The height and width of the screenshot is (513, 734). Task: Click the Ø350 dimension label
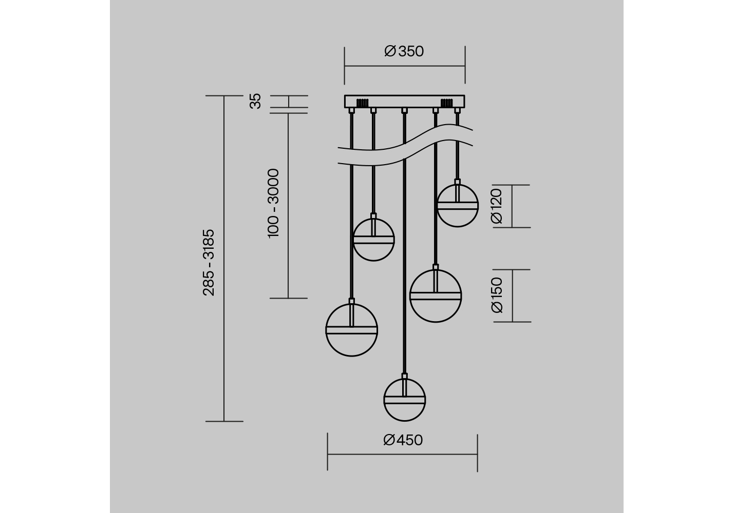pyautogui.click(x=404, y=51)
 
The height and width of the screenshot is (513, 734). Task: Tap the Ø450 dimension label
pyautogui.click(x=403, y=440)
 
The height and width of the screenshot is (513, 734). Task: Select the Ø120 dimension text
pyautogui.click(x=497, y=206)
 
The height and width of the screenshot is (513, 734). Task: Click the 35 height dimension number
pyautogui.click(x=255, y=101)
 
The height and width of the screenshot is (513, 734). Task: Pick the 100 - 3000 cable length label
pyautogui.click(x=273, y=203)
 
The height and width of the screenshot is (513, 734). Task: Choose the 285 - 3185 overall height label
pyautogui.click(x=209, y=263)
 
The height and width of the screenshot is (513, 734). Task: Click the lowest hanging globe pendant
pyautogui.click(x=405, y=400)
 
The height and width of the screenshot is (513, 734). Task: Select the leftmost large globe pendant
pyautogui.click(x=352, y=330)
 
